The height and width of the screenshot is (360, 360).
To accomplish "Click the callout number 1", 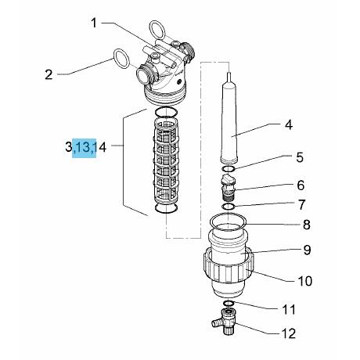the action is (94, 23).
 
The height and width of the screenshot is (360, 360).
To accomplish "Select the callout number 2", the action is (49, 74).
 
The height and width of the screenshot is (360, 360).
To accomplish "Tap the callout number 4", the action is (288, 124).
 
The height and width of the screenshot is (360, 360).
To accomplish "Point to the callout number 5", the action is (300, 157).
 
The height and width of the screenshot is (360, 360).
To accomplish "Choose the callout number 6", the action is (301, 185).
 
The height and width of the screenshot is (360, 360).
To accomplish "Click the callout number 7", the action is (301, 205).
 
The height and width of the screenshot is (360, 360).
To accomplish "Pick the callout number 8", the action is (306, 225).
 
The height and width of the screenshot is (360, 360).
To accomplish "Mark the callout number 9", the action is (307, 250).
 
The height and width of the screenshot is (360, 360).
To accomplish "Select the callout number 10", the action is (305, 281).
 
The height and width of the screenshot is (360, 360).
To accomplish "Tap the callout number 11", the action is (289, 310).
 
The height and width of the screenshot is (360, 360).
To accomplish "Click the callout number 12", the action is (289, 333).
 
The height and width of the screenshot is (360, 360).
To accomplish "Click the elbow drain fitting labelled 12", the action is (225, 322).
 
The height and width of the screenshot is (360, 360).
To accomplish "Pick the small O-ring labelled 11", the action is (229, 303).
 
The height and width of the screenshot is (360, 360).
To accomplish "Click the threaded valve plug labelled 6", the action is (228, 186).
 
